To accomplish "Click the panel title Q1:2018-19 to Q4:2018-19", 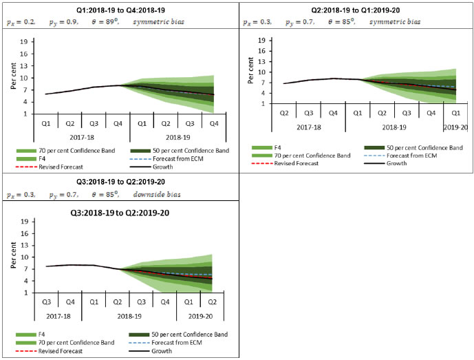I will (x=119, y=9).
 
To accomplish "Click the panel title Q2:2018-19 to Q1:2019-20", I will (x=356, y=9).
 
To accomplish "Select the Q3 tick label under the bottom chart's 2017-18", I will (x=46, y=302).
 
